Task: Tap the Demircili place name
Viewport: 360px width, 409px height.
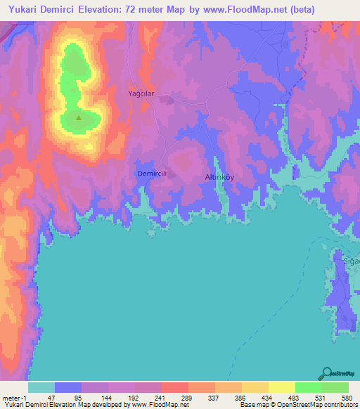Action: (151, 173)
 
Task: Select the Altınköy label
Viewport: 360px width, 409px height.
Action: (219, 177)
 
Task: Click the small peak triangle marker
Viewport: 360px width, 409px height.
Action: (78, 118)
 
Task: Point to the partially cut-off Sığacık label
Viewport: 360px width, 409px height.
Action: (351, 261)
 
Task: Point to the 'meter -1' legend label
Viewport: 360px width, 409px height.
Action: (14, 397)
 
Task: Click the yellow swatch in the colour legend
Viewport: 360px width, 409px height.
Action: (281, 387)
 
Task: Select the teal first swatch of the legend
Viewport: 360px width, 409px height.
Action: (41, 387)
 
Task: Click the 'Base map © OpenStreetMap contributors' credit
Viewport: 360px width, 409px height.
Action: (297, 405)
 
